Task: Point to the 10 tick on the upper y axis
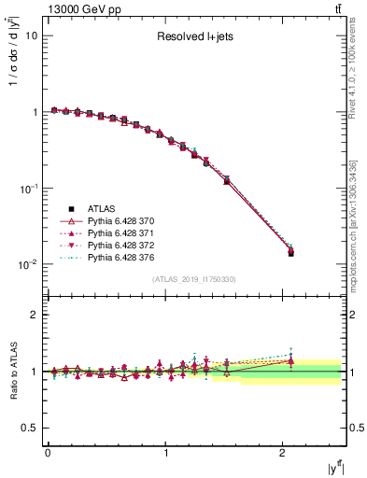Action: [x=31, y=35]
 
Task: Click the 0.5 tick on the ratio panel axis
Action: [x=29, y=428]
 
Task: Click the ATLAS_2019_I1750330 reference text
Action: [x=195, y=279]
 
